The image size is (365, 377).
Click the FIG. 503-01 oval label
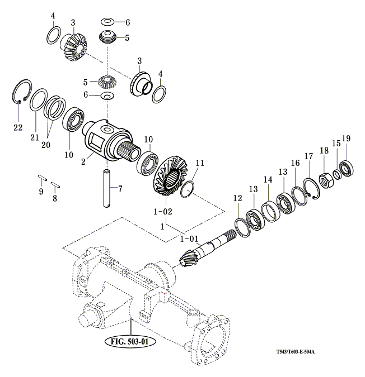click(x=129, y=340)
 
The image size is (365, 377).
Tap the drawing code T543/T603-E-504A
click(x=295, y=352)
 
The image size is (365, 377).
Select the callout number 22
click(x=18, y=127)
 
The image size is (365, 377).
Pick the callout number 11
click(x=200, y=163)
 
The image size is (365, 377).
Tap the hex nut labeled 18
click(x=324, y=180)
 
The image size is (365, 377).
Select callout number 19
click(x=346, y=138)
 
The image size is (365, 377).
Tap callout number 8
click(x=55, y=198)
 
